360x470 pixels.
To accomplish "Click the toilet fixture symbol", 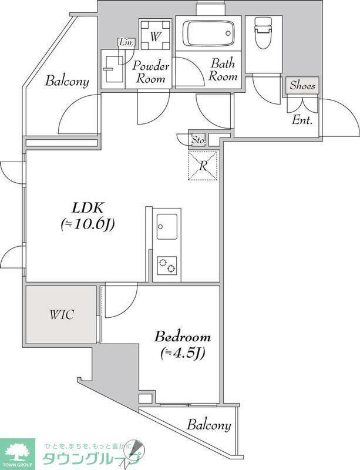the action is click(263, 32).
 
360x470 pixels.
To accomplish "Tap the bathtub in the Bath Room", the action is click(208, 33).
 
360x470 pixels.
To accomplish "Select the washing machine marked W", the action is click(155, 34).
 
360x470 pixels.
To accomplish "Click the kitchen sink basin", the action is click(167, 227).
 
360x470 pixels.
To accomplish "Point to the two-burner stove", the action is click(167, 266).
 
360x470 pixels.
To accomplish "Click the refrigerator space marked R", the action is click(203, 166).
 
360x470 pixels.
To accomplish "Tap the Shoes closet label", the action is click(302, 86).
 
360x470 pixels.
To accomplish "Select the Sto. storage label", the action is click(198, 139).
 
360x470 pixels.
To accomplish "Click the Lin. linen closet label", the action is click(126, 42).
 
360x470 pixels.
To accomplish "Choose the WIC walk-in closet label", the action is click(62, 315).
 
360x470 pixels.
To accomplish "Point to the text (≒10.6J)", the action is click(88, 224).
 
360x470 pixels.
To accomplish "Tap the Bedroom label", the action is click(183, 337).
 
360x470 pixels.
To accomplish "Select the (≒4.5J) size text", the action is click(183, 353).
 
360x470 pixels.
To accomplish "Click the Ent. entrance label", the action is click(302, 120).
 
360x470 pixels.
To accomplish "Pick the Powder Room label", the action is click(151, 72).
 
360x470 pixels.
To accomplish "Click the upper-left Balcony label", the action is click(67, 82).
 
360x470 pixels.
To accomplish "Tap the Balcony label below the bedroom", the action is click(209, 425).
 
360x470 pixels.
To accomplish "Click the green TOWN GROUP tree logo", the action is click(18, 454).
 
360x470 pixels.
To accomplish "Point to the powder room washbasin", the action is click(113, 69).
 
